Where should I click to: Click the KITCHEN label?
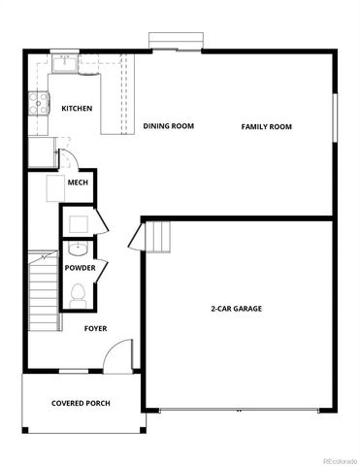click(x=77, y=109)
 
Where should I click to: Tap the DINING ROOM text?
click(x=169, y=126)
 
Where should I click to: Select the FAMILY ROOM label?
click(x=267, y=127)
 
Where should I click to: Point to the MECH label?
click(x=78, y=183)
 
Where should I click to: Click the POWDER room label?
click(x=80, y=267)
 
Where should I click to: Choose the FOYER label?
click(x=95, y=328)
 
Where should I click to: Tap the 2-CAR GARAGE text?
click(x=237, y=309)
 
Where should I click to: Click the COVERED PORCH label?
click(x=81, y=403)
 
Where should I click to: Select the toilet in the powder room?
click(x=79, y=292)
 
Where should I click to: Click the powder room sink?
click(x=78, y=249)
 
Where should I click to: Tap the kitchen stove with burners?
click(x=40, y=103)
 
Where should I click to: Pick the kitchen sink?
click(x=65, y=65)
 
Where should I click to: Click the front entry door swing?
click(x=117, y=356)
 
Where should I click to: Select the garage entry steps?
click(x=158, y=236)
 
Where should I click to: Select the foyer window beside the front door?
click(x=73, y=371)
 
